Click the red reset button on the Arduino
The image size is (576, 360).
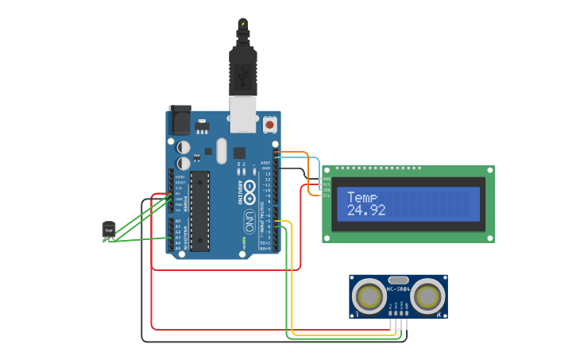click(270, 125)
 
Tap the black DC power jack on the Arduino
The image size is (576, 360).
click(180, 120)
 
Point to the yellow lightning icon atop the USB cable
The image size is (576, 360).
click(242, 23)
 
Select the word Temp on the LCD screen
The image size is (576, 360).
click(362, 197)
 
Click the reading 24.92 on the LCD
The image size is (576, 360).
click(366, 211)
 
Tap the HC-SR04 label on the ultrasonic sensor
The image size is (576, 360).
click(398, 289)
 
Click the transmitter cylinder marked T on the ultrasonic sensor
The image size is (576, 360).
click(369, 296)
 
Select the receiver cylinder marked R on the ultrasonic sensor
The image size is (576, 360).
click(427, 296)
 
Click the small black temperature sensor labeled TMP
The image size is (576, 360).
click(109, 230)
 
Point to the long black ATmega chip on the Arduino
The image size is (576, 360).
click(199, 211)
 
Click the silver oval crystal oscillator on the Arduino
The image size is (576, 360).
click(221, 150)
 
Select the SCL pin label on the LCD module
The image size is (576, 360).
click(327, 195)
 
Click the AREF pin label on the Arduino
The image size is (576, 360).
click(266, 162)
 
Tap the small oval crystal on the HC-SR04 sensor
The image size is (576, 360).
click(398, 280)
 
